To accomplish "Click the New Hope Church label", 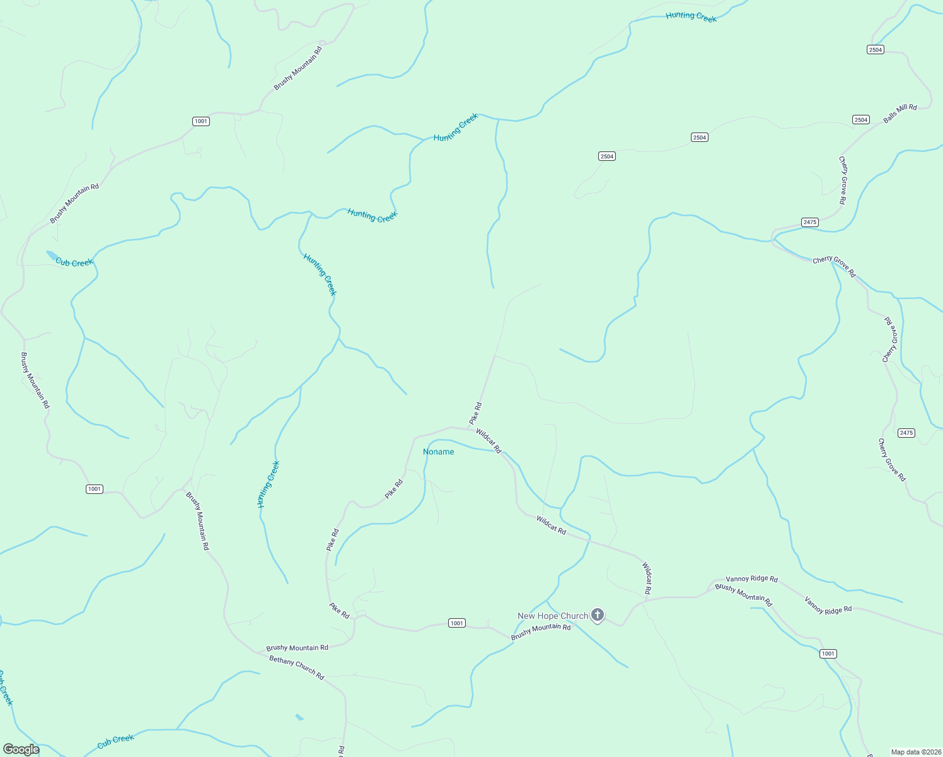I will [552, 616].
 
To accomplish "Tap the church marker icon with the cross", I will [598, 614].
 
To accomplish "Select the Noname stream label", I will [438, 452].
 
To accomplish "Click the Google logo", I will [21, 749].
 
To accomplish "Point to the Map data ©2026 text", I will [915, 751].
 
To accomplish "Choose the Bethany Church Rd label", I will [296, 667].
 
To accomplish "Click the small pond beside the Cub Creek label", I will [51, 255].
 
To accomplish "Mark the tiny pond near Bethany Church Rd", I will [299, 717].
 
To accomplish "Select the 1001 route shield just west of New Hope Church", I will [457, 623].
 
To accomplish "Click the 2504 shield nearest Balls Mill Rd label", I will [861, 120].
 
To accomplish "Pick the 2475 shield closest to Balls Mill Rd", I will [810, 222].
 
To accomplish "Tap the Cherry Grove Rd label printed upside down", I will [890, 339].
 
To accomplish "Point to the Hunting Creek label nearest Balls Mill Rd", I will [691, 16].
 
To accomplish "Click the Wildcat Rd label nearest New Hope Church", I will [647, 578].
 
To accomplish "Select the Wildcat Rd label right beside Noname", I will [489, 441].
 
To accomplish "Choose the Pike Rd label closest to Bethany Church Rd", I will [339, 610].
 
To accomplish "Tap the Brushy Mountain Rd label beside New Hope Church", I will [541, 631].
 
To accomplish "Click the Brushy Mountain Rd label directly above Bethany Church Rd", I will [297, 648].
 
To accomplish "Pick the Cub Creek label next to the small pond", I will [74, 262].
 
